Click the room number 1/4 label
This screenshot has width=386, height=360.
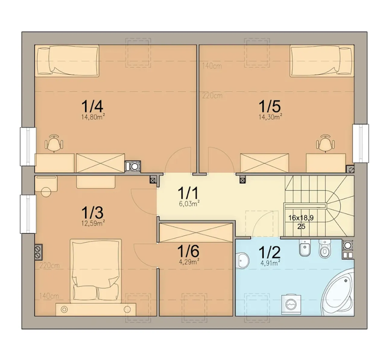pyautogui.click(x=92, y=106)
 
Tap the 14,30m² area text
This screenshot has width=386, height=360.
pyautogui.click(x=270, y=117)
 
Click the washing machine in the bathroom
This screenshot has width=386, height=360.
pyautogui.click(x=291, y=305)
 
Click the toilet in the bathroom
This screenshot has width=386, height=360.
pyautogui.click(x=325, y=249)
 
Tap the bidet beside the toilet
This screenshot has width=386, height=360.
pyautogui.click(x=305, y=248)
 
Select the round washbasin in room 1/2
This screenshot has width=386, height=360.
pyautogui.click(x=242, y=261)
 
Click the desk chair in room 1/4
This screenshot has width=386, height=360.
pyautogui.click(x=54, y=143)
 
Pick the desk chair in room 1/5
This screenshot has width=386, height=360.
pyautogui.click(x=325, y=143)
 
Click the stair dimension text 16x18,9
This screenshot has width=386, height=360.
pyautogui.click(x=301, y=218)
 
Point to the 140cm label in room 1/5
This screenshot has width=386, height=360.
pyautogui.click(x=212, y=66)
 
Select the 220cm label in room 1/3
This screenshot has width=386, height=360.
pyautogui.click(x=49, y=266)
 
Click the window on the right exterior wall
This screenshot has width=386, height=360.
pyautogui.click(x=361, y=143)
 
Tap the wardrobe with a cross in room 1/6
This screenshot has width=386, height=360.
pyautogui.click(x=196, y=233)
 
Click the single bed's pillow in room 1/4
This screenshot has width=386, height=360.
pyautogui.click(x=43, y=61)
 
